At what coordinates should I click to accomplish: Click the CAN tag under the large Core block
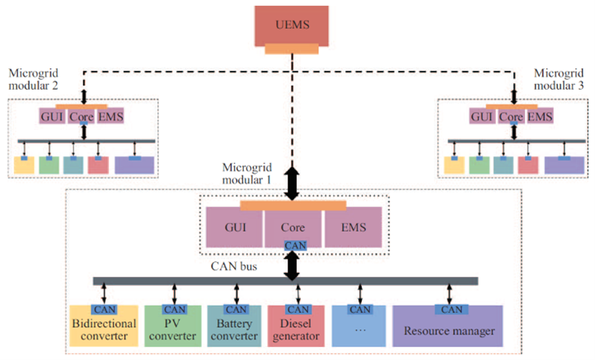click(x=293, y=245)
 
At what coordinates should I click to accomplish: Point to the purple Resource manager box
click(x=447, y=330)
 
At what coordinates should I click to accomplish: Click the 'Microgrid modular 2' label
click(x=34, y=80)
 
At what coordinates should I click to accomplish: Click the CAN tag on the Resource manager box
click(x=451, y=310)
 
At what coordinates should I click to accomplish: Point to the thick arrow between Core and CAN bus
click(x=293, y=264)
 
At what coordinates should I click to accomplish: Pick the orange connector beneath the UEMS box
click(x=293, y=49)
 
